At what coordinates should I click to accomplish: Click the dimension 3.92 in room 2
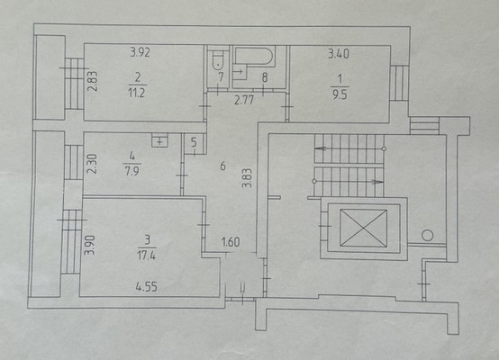[x=140, y=52]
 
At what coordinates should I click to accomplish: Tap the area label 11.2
[x=137, y=93]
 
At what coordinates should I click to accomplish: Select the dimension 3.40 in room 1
[x=339, y=53]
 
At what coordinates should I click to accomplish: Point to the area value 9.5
[x=340, y=94]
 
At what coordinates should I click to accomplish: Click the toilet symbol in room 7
[x=218, y=60]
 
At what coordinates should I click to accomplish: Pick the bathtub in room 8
[x=254, y=57]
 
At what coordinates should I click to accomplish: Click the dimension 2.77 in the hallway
[x=244, y=100]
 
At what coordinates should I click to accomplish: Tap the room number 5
[x=194, y=142]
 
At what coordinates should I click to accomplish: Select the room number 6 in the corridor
[x=222, y=166]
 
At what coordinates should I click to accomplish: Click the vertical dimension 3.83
[x=247, y=178]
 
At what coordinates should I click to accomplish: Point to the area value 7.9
[x=132, y=172]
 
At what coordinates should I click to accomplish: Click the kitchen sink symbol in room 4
[x=159, y=140]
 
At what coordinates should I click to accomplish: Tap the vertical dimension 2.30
[x=92, y=164]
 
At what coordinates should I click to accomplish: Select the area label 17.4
[x=147, y=255]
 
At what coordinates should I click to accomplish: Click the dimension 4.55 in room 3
[x=147, y=287]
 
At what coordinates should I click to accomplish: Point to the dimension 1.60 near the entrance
[x=231, y=242]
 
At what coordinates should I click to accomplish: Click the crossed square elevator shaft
[x=363, y=228]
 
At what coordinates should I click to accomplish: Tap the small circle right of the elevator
[x=428, y=236]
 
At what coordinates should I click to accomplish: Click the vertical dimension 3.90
[x=89, y=245]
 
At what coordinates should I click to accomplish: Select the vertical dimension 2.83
[x=92, y=81]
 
